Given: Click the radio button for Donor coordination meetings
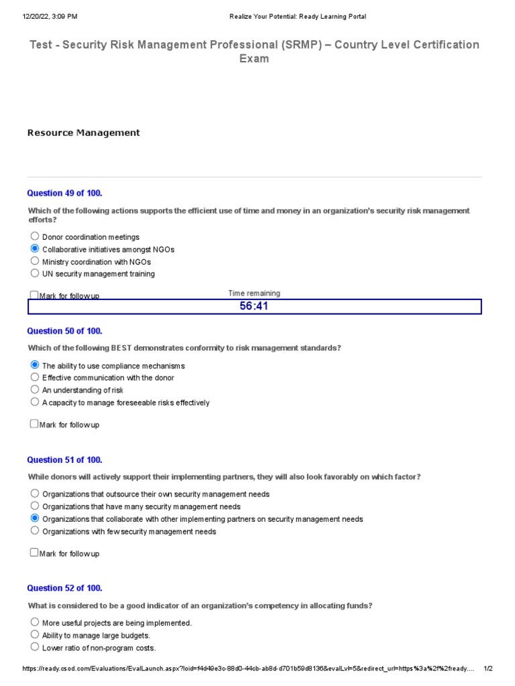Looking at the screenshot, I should click(35, 236).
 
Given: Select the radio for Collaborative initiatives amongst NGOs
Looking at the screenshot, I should click(35, 249).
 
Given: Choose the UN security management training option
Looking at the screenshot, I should click(35, 273).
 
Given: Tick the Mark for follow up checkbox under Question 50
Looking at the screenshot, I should click(34, 424).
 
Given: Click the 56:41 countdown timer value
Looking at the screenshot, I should click(254, 307).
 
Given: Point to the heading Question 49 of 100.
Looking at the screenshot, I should click(64, 193).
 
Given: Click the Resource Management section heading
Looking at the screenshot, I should click(83, 133).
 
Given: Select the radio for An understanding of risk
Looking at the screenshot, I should click(35, 389).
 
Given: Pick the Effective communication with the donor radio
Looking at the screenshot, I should click(35, 377).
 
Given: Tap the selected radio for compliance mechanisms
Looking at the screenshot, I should click(35, 365).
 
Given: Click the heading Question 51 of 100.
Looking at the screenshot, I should click(64, 460).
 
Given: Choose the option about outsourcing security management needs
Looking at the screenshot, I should click(35, 493).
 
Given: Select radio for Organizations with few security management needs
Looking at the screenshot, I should click(35, 531).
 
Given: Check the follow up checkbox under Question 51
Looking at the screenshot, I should click(34, 553).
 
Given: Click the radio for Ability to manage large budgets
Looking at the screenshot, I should click(35, 634).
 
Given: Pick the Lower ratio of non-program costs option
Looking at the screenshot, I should click(35, 647).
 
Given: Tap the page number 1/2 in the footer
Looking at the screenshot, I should click(488, 669).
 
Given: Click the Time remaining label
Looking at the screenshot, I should click(254, 293).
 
